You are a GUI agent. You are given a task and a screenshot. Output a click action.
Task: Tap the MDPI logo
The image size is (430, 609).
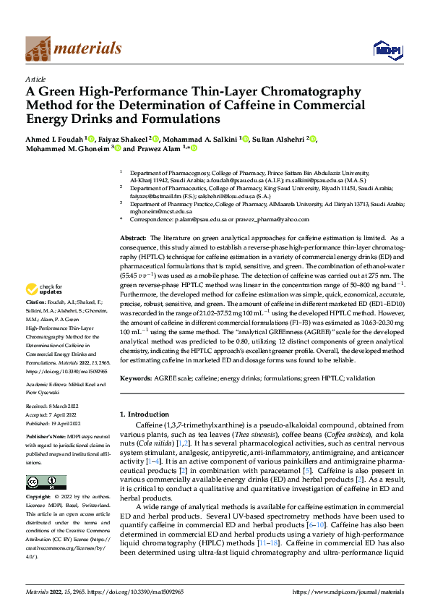[386, 49]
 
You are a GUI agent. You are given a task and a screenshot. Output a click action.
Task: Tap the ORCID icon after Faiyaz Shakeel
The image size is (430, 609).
[156, 137]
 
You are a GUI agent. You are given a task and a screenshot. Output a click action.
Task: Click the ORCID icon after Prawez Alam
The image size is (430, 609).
[194, 149]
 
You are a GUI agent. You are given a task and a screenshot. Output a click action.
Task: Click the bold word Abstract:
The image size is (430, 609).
[133, 238]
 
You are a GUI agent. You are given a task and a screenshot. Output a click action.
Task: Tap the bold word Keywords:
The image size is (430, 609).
[136, 378]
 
